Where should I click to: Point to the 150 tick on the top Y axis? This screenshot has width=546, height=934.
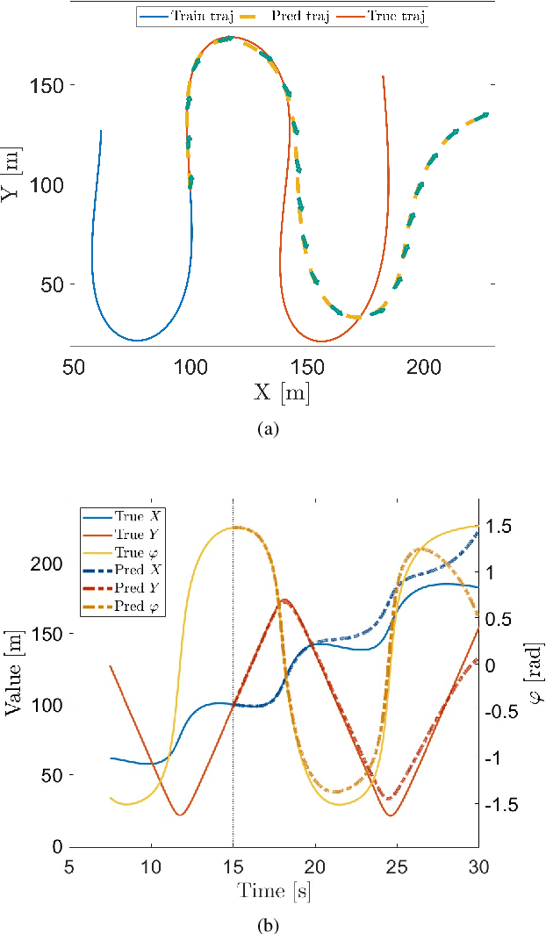(46, 86)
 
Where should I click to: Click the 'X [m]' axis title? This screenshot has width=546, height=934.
(281, 392)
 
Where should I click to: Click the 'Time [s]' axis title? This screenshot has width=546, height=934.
(274, 892)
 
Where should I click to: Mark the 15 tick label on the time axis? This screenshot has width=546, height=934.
(233, 866)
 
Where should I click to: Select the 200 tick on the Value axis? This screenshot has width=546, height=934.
(47, 563)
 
